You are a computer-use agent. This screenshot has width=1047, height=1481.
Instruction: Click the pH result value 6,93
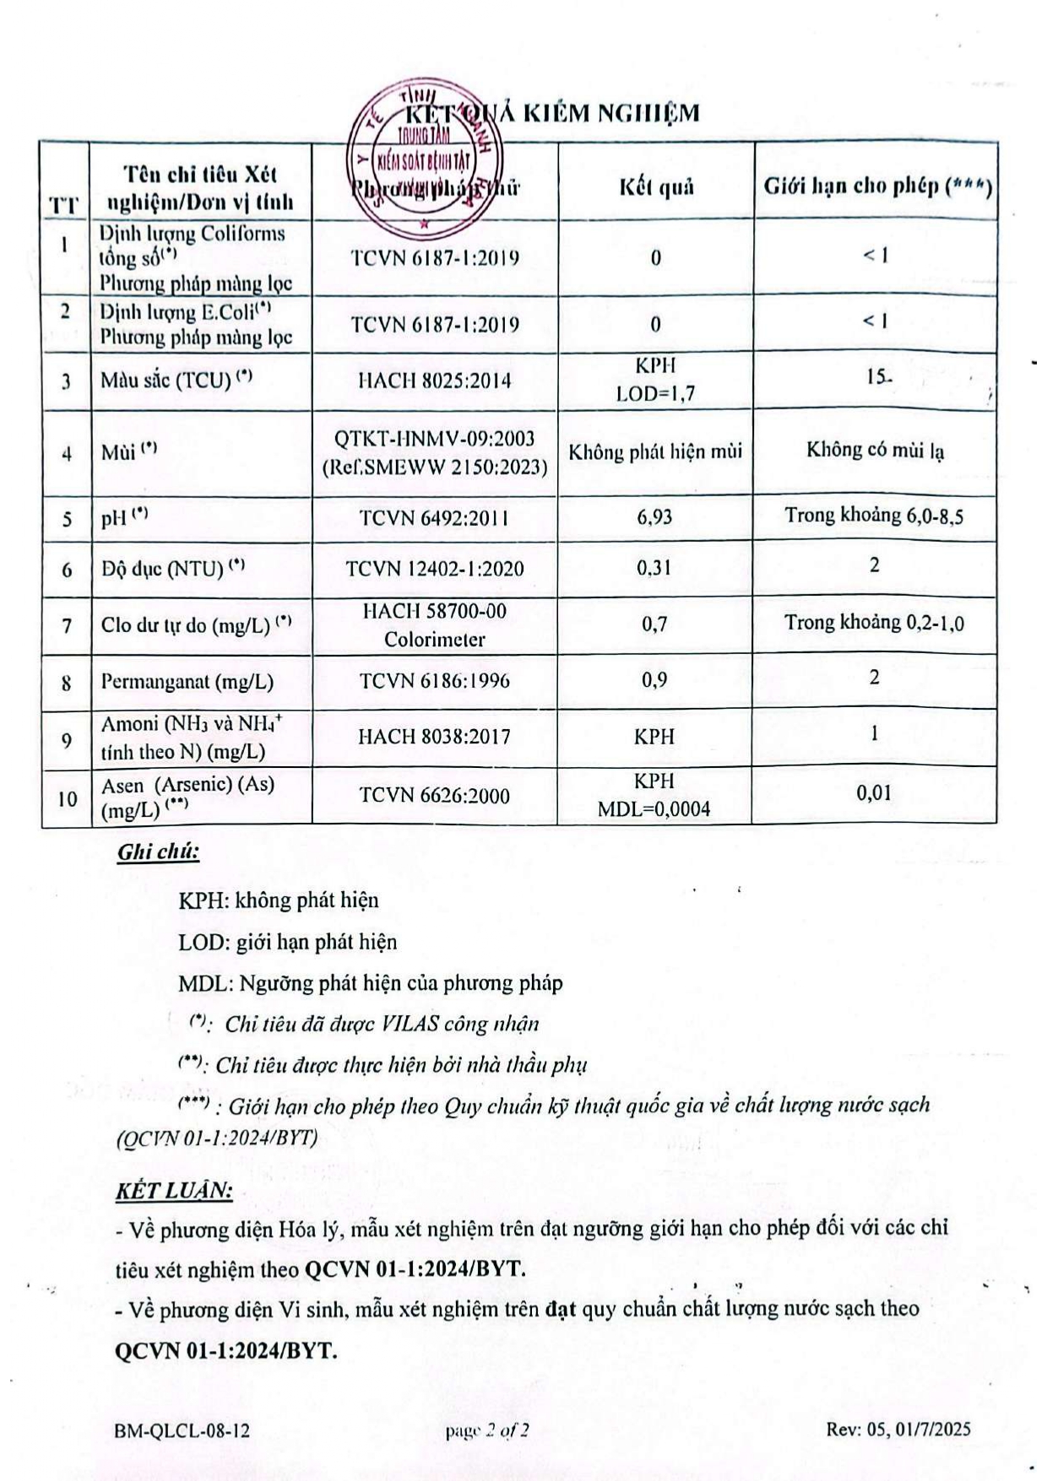point(654,516)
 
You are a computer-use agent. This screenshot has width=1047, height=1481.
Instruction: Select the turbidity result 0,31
point(654,568)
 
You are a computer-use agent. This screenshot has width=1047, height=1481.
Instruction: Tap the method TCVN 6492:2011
point(434,518)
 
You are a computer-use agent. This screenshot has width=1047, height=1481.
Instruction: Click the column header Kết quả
point(656,186)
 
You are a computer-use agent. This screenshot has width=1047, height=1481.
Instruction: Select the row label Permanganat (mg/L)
point(187,682)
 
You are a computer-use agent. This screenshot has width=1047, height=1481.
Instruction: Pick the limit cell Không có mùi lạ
point(875,450)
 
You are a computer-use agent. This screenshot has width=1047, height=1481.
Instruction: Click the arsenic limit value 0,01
point(874,792)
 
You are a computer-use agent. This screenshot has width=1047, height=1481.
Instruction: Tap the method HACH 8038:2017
point(434,737)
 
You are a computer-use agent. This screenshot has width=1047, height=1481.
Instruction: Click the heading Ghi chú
point(158,851)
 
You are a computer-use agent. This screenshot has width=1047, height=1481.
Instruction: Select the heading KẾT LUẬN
point(173,1191)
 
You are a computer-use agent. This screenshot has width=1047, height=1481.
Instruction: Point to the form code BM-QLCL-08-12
point(182,1430)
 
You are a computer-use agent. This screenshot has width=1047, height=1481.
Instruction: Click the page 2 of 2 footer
point(488,1430)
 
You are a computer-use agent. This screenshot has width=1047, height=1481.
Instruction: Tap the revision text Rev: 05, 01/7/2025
point(898,1429)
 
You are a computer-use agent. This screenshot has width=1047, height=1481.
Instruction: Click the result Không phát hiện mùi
point(655,452)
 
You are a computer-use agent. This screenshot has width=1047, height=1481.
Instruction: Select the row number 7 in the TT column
point(67,626)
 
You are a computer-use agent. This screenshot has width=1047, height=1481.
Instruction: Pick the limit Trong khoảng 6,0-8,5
point(874,516)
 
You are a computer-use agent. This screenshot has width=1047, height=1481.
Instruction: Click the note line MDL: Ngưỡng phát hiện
point(370,983)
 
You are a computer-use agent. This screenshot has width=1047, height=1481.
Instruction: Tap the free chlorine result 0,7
point(654,624)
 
